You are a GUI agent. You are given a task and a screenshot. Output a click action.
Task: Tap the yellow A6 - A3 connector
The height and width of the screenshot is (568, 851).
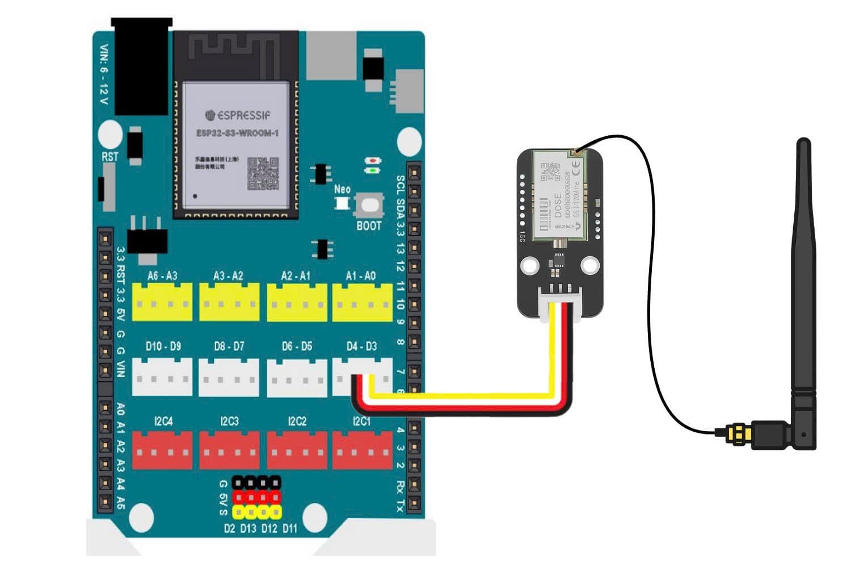tap(162, 302)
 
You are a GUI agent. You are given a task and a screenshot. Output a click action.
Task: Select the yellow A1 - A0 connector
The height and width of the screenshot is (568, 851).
tap(362, 302)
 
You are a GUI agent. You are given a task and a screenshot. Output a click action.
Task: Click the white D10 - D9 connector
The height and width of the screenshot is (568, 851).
tap(162, 377)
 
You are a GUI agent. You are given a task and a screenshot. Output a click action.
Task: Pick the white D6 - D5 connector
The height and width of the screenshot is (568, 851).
tap(297, 377)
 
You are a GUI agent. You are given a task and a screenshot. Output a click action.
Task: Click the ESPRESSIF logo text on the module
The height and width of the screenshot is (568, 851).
tap(238, 115)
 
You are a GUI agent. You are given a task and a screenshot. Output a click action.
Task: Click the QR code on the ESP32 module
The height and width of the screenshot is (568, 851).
tap(263, 173)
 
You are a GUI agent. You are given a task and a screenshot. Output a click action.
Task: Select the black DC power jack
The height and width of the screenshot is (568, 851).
tap(142, 65)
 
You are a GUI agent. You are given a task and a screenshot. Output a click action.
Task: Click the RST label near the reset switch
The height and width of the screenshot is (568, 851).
tap(109, 157)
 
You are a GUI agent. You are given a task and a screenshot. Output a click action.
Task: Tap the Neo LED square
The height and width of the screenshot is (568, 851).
tap(342, 203)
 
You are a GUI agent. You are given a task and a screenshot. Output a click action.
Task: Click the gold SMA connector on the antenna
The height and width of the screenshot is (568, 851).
tap(739, 434)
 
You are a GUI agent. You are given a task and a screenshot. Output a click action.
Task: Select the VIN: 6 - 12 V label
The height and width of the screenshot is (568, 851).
tap(104, 74)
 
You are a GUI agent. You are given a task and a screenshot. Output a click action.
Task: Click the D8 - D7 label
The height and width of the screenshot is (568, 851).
tap(229, 346)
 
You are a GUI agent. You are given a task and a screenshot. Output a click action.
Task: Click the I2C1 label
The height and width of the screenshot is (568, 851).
tap(362, 421)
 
